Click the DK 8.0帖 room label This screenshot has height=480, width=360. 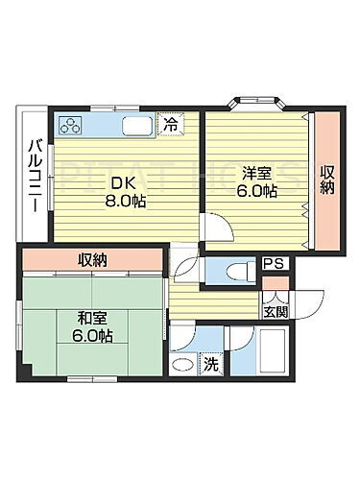click(x=124, y=194)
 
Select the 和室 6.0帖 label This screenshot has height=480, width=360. click(x=92, y=325)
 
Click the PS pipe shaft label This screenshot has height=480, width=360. click(x=273, y=262)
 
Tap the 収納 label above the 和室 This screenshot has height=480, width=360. click(x=93, y=259)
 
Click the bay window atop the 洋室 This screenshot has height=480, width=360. click(x=253, y=99)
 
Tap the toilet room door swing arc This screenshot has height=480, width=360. click(x=185, y=263)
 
